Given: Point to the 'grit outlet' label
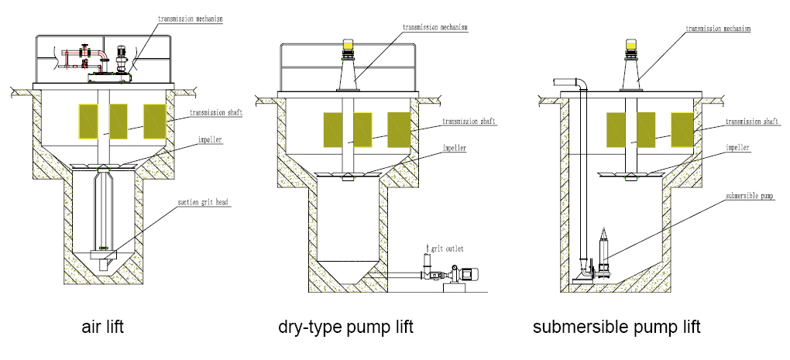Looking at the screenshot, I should [x=448, y=248].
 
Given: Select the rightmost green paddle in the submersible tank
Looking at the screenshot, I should [x=682, y=129].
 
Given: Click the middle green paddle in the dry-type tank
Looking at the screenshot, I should [x=363, y=129].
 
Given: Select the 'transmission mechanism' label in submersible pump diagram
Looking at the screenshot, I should [x=718, y=29].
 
